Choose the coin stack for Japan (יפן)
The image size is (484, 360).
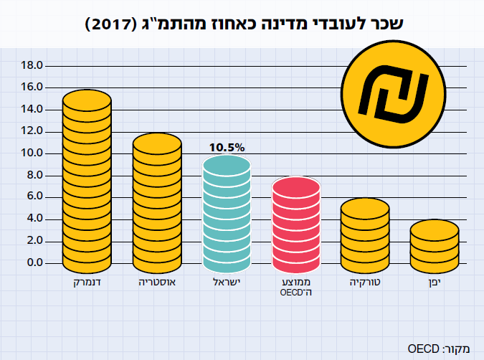[x=434, y=246]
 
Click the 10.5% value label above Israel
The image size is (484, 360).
[x=227, y=147]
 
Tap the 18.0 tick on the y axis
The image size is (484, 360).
[x=33, y=65]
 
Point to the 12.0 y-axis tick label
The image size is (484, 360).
[x=33, y=131]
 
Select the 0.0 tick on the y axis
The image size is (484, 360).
[x=34, y=262]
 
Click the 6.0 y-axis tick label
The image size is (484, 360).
[x=34, y=196]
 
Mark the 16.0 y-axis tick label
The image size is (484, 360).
[x=33, y=87]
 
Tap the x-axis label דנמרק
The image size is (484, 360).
[x=87, y=283]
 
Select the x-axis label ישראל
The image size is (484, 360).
[x=227, y=283]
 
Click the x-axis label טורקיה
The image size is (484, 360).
[x=365, y=283]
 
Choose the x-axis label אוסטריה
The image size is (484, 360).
[x=157, y=283]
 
